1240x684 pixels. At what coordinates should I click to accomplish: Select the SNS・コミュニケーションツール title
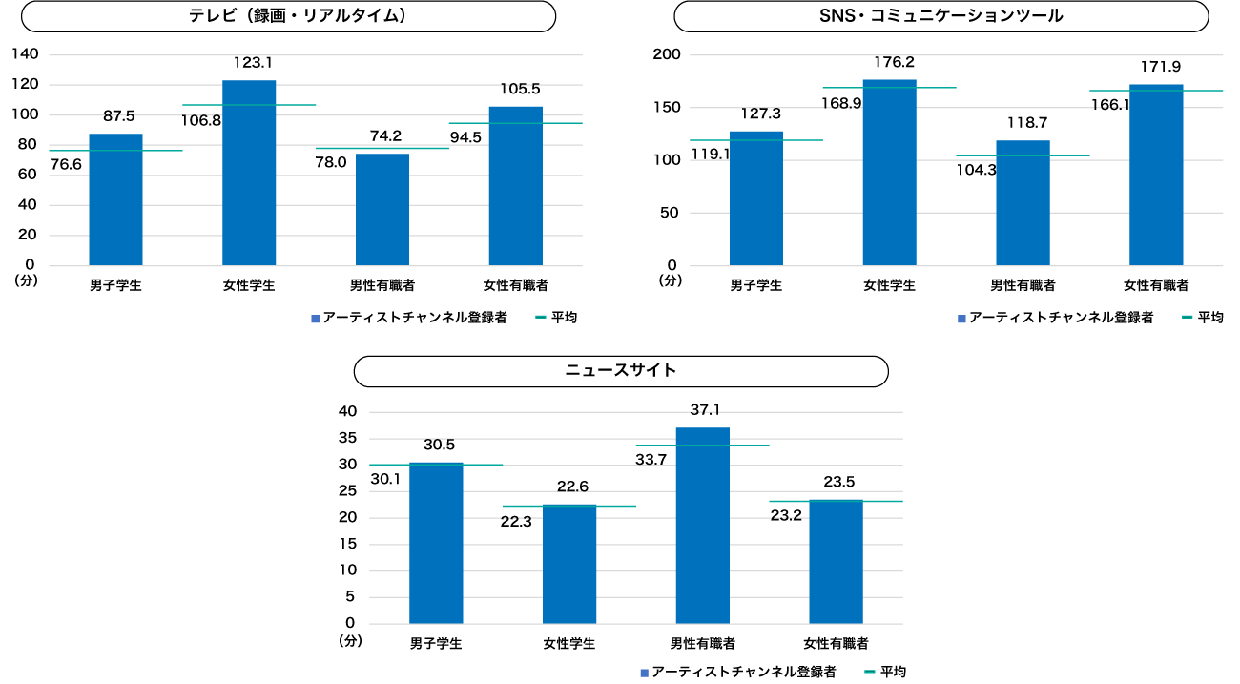[941, 16]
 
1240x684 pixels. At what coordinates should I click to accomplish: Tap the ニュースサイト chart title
[621, 370]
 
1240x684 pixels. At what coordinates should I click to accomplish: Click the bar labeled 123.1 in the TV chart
[249, 172]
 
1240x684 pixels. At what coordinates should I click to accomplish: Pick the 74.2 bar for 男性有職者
[382, 209]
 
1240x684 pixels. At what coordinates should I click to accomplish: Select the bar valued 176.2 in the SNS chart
[889, 172]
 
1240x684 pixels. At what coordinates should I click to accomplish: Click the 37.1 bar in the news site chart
[703, 525]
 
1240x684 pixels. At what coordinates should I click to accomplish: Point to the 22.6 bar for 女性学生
[569, 564]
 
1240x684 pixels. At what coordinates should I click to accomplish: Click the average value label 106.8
[201, 120]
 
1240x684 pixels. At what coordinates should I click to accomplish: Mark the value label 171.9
[1161, 67]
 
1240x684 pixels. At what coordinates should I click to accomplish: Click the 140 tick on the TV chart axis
[24, 54]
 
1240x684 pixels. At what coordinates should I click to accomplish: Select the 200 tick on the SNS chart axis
[665, 54]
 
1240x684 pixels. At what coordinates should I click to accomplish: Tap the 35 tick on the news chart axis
[348, 439]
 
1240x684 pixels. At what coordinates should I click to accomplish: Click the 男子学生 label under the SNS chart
[755, 285]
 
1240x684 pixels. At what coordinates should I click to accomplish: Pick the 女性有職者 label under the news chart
[836, 643]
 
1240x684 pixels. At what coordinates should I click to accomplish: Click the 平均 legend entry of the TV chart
[564, 317]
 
